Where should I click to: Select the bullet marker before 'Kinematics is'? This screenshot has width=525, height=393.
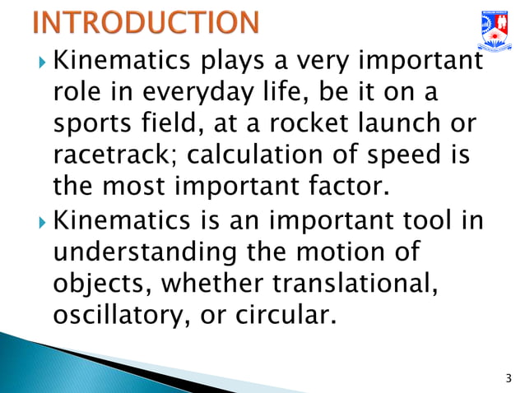click(43, 220)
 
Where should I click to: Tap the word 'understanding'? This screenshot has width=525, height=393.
click(143, 252)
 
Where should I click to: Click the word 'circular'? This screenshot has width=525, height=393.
click(287, 315)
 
